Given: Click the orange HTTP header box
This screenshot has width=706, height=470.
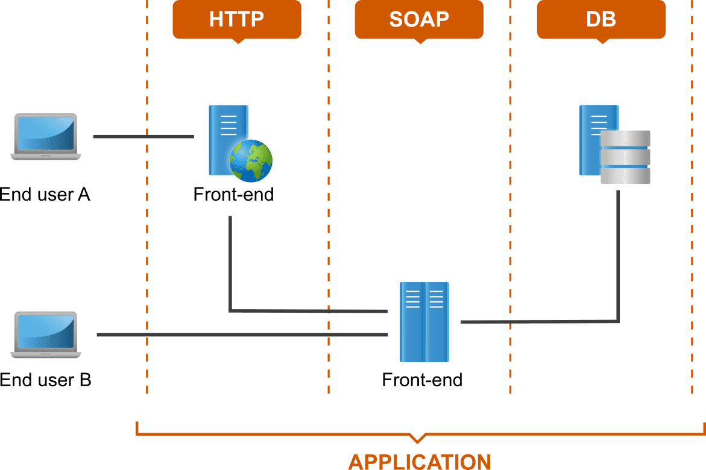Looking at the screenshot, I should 237,19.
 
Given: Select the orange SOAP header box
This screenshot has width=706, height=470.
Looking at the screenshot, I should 419,19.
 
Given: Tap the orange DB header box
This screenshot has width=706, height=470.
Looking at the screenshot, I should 601,19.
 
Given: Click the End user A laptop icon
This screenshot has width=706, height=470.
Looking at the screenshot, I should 46,137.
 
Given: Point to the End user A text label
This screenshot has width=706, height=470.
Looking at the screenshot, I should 45,195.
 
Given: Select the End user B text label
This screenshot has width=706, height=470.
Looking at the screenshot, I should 46,380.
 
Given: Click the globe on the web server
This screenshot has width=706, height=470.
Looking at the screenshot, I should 251,160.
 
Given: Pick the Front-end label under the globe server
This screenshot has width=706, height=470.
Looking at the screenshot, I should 233,195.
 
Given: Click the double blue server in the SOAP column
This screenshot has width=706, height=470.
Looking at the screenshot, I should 424,321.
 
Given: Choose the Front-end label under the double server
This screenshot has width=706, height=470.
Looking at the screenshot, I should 422,380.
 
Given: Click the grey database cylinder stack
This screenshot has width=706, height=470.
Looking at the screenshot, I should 625,157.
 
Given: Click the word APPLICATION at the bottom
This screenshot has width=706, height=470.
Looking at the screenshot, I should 420,462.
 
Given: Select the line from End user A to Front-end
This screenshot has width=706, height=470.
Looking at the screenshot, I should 143,137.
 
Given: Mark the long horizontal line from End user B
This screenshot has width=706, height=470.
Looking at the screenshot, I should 241,334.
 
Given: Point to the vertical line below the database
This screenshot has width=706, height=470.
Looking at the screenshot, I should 618,253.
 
